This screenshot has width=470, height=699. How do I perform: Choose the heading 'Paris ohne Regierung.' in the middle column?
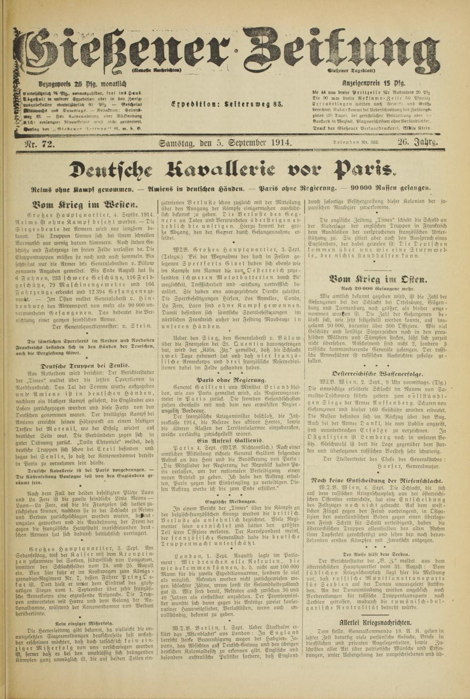pos(232,379)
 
